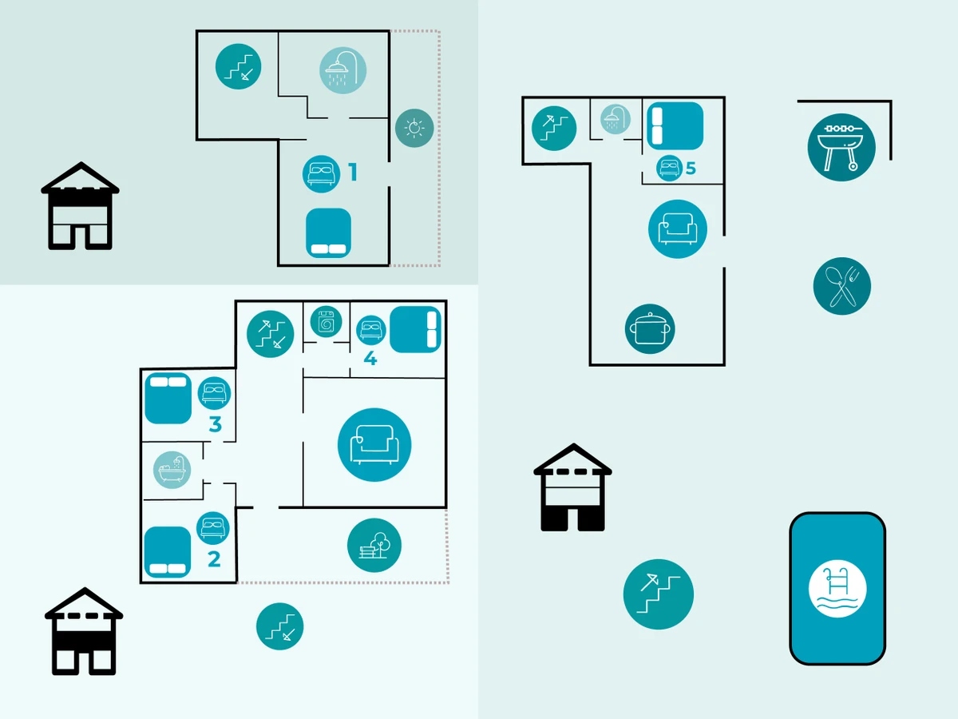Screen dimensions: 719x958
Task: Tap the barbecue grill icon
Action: [841, 147]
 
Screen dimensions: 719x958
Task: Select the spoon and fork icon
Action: [841, 286]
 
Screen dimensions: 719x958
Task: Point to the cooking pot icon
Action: [650, 328]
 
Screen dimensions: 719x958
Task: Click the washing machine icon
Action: [326, 322]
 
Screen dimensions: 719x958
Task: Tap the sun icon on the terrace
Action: [414, 128]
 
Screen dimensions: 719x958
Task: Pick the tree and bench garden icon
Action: [374, 545]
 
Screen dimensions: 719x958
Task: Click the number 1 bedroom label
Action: [352, 173]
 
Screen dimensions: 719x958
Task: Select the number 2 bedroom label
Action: [214, 559]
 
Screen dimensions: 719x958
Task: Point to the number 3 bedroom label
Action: [215, 424]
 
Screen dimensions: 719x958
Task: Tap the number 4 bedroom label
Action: [370, 359]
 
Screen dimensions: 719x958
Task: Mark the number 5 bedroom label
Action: [691, 169]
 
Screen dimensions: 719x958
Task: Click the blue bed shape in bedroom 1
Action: [329, 232]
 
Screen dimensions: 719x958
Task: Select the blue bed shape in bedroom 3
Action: [168, 398]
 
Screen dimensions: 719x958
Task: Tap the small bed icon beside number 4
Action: [370, 329]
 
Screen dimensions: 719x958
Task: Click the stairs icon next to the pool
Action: [658, 594]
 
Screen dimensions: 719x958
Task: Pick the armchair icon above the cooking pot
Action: [678, 229]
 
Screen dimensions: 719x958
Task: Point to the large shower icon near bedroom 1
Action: [342, 70]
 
